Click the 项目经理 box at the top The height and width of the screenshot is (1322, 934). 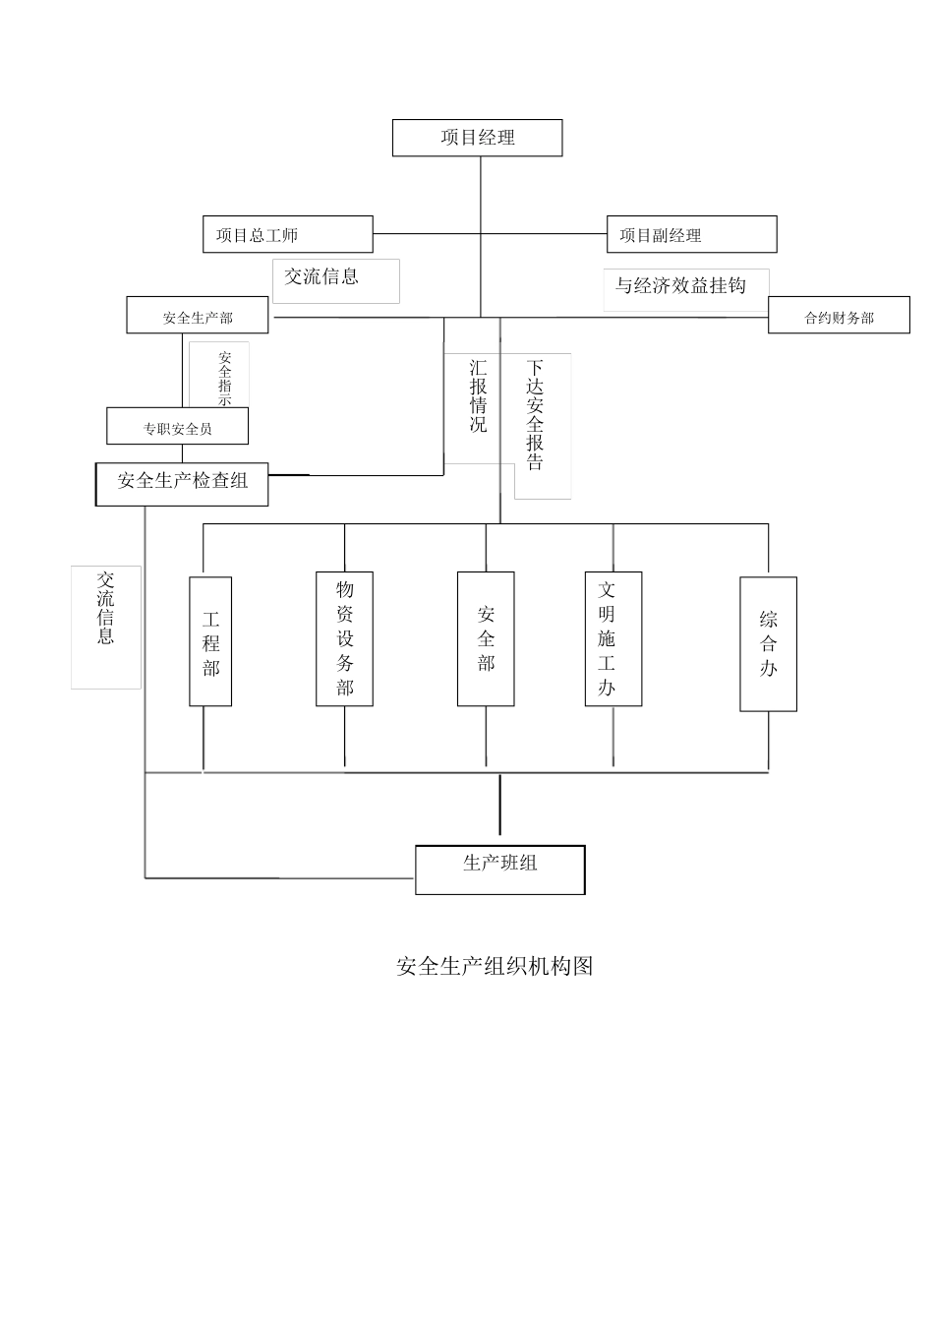[477, 138]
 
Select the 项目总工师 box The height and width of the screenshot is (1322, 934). [287, 234]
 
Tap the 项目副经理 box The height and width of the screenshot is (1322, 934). [691, 234]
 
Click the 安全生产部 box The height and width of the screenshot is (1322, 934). [198, 316]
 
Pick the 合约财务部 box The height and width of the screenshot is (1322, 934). [839, 316]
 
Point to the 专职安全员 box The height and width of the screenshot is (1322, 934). [177, 427]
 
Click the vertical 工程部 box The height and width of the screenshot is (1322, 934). [210, 641]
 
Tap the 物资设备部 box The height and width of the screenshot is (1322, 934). [344, 638]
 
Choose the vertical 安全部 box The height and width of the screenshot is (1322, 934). [486, 638]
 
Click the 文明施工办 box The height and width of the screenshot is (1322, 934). [613, 638]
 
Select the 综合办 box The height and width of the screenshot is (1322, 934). [768, 643]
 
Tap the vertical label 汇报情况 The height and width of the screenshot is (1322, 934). [478, 396]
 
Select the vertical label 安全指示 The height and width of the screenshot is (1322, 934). [224, 377]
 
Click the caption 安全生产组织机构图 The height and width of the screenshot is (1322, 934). [495, 966]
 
